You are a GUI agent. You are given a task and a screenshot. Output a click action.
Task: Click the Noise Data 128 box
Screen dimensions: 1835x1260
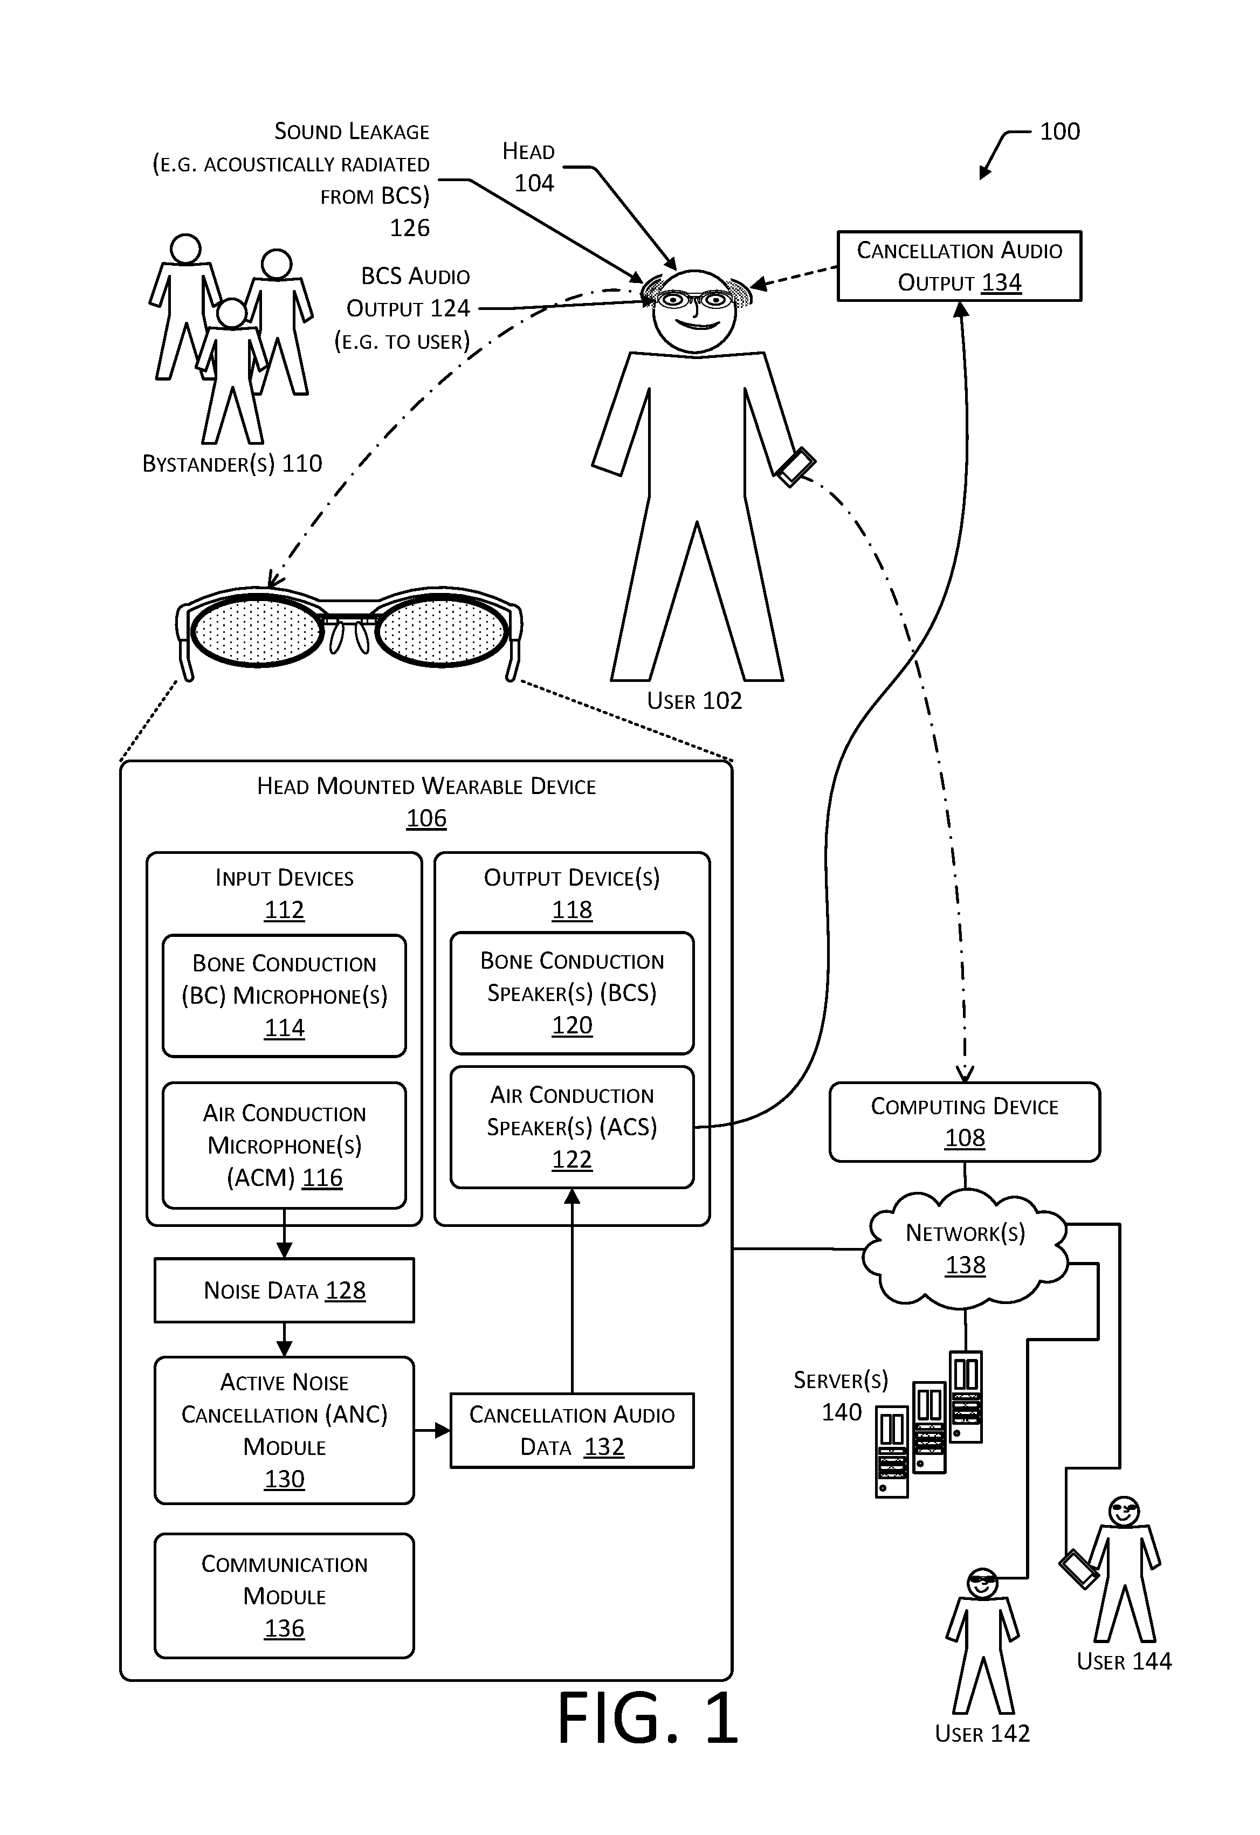click(284, 1290)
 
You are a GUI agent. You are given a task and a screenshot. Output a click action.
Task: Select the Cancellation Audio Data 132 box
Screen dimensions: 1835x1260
click(572, 1431)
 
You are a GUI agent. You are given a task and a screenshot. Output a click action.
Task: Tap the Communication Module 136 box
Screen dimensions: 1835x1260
click(284, 1596)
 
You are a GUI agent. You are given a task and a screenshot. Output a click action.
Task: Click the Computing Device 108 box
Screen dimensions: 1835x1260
click(964, 1122)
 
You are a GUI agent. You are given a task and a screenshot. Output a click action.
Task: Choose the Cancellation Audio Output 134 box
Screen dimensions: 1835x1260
click(959, 266)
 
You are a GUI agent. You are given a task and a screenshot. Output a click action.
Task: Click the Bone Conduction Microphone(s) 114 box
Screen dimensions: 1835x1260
click(284, 996)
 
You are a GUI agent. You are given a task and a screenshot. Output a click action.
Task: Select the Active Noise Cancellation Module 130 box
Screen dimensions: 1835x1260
click(284, 1430)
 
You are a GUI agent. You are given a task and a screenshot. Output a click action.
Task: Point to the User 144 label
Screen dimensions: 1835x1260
click(1124, 1661)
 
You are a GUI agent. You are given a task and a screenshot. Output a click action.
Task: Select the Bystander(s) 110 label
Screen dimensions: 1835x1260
click(232, 464)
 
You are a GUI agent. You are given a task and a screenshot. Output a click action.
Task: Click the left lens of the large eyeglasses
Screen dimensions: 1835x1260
click(257, 631)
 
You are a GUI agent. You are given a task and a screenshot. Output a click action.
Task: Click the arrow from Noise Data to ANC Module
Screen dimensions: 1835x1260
click(284, 1339)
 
